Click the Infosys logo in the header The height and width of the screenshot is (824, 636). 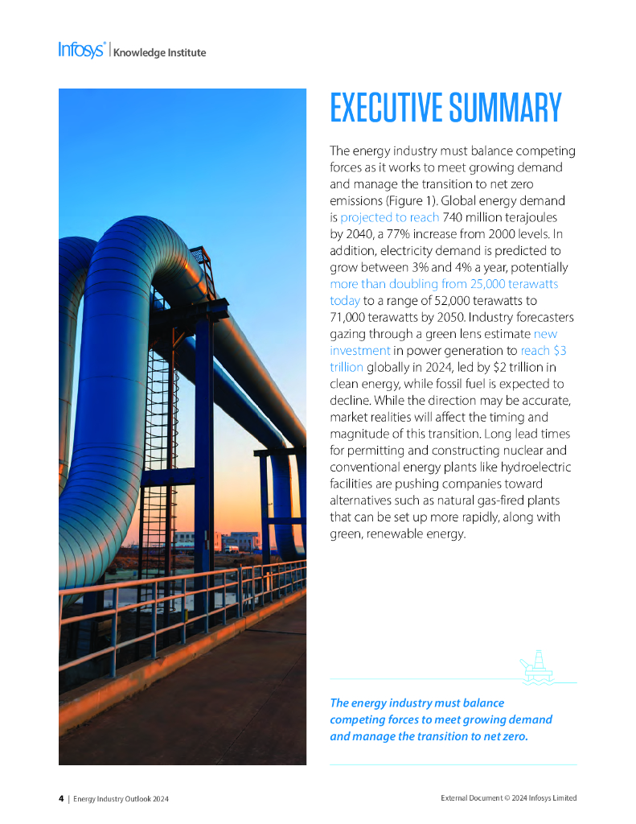click(x=81, y=50)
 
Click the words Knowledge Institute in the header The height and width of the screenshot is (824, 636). click(x=159, y=53)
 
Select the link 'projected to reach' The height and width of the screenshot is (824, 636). click(x=389, y=217)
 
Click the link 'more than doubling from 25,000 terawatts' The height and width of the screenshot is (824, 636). click(x=444, y=284)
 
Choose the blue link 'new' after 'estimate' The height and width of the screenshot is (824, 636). click(x=545, y=333)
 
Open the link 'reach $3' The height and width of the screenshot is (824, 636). click(x=544, y=350)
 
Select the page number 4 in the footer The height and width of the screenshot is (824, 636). click(x=61, y=798)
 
